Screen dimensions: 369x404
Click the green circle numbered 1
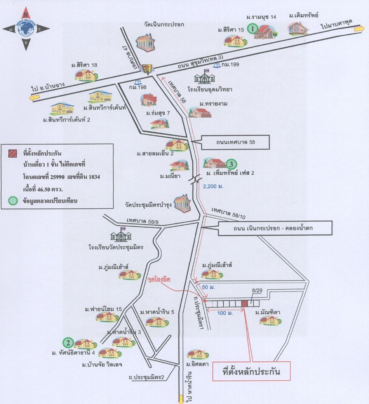[x=253, y=28]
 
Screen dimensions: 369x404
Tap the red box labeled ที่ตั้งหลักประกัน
[x=251, y=372]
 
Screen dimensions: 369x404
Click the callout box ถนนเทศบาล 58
[x=235, y=142]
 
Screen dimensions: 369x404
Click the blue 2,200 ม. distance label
[x=213, y=186]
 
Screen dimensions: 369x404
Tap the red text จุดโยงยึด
[x=159, y=279]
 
